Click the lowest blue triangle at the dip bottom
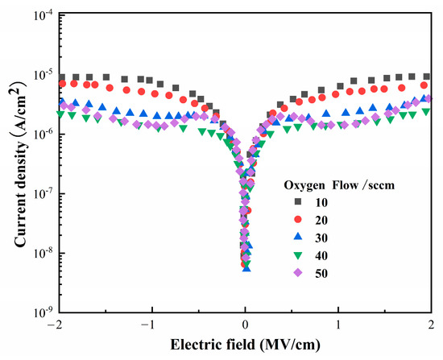pyautogui.click(x=246, y=267)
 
